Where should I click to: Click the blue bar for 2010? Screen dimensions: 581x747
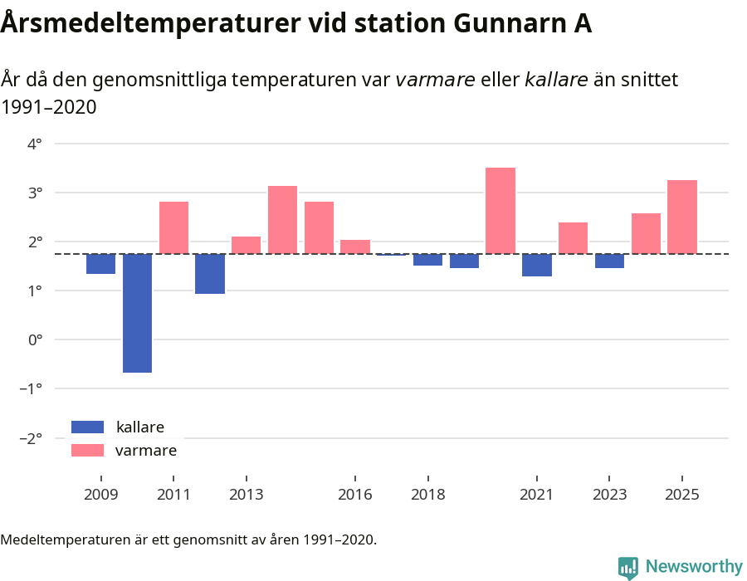137,313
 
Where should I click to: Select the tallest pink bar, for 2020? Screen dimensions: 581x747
500,211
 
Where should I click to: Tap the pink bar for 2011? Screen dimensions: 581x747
173,227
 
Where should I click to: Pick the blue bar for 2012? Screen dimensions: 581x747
210,274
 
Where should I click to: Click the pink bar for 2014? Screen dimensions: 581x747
282,220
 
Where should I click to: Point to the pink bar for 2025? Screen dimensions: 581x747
682,217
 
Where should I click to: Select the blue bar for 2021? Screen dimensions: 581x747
537,265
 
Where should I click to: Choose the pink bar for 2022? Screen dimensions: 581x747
573,238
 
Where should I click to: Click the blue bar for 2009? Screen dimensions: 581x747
100,264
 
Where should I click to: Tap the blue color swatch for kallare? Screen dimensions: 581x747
87,427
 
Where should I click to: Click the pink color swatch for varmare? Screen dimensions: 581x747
87,450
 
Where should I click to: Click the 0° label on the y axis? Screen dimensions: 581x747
35,339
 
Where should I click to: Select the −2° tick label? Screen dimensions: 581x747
31,437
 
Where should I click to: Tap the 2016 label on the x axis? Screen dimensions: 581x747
355,495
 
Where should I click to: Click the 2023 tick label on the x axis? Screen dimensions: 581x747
609,495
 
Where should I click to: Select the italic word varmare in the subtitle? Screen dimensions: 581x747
435,80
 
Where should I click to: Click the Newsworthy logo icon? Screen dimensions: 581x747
628,567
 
